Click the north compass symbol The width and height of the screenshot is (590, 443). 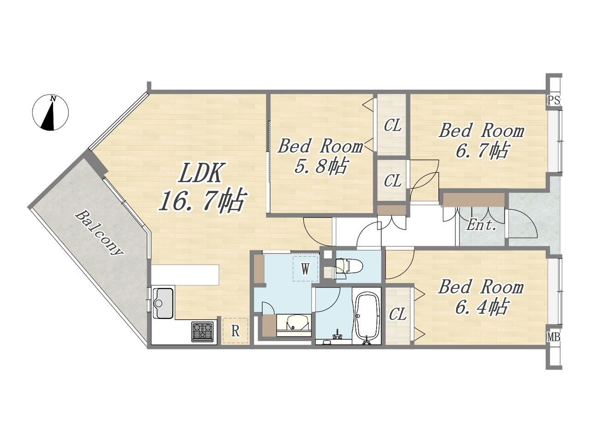click(50, 113)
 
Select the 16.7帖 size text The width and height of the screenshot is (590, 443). click(202, 200)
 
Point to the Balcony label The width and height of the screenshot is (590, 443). click(100, 233)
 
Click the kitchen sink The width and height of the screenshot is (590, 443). click(163, 303)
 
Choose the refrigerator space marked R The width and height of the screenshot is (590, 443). click(235, 330)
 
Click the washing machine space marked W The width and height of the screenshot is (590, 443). click(305, 269)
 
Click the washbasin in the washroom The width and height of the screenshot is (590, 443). click(294, 325)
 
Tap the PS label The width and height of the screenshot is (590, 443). click(554, 101)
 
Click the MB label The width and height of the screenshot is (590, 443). click(554, 337)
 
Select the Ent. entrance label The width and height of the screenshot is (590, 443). click(481, 225)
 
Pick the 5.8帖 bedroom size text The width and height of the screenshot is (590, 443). click(321, 167)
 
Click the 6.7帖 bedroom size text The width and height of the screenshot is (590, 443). click(481, 150)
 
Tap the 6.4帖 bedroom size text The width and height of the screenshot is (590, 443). click(481, 307)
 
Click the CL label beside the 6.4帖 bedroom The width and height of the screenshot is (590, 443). click(398, 314)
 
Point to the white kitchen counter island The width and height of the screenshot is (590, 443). click(185, 275)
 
